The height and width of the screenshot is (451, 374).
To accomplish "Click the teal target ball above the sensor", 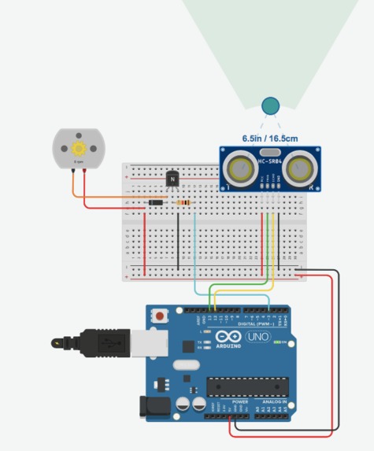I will tap(270, 105).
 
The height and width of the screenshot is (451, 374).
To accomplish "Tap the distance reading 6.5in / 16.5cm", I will tap(269, 138).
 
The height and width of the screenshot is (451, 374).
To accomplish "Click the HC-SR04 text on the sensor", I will tap(268, 161).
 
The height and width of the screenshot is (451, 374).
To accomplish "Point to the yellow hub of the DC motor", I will tap(78, 148).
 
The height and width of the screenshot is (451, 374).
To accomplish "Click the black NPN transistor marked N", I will tap(172, 179).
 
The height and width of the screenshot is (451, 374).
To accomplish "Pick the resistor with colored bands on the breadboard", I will tap(184, 203).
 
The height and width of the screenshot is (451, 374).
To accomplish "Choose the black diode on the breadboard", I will tap(155, 203).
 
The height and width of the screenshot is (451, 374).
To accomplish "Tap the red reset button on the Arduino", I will tap(161, 316).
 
